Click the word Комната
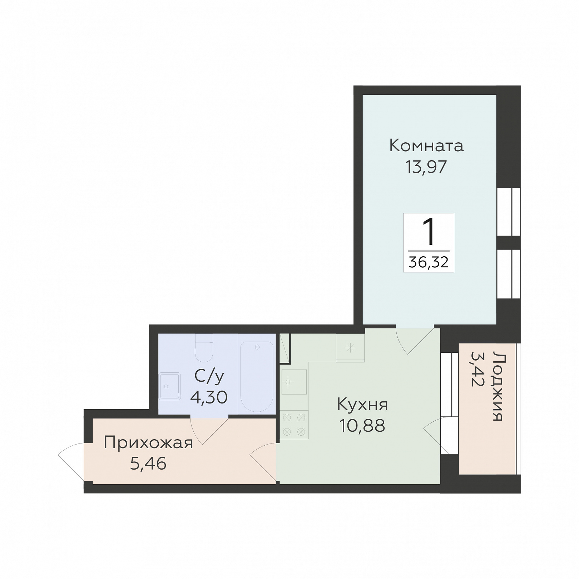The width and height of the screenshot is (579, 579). (426, 145)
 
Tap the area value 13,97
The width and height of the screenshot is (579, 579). (426, 167)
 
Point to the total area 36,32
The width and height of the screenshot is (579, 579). (429, 262)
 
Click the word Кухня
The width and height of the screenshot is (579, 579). (362, 405)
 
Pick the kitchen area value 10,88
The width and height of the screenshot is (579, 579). (362, 425)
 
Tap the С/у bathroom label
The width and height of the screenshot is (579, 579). (209, 376)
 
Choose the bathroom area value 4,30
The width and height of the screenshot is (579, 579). (209, 397)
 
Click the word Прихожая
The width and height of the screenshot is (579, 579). (148, 443)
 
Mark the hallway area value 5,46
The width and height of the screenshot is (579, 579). (148, 464)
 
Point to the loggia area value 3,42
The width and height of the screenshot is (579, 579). (477, 369)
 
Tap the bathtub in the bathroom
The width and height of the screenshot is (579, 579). (257, 377)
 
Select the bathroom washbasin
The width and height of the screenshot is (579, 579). (169, 386)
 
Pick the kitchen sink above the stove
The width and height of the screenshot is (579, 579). (294, 382)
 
